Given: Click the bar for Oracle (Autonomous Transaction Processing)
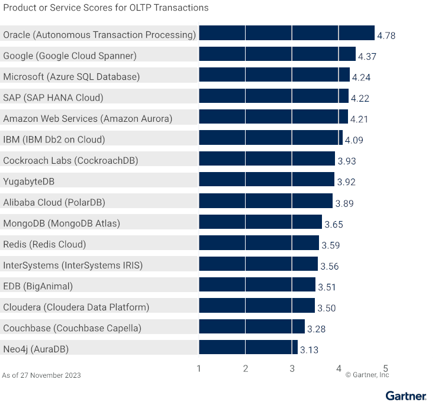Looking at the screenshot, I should click(286, 35).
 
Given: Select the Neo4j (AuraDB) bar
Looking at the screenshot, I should click(248, 349).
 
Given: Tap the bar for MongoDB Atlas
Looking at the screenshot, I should click(260, 223).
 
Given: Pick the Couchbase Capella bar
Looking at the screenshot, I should click(252, 328).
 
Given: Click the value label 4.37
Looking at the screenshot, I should click(368, 57).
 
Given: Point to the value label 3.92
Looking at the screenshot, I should click(346, 182).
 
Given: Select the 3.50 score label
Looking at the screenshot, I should click(327, 308).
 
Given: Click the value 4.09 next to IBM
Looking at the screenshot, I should click(354, 140).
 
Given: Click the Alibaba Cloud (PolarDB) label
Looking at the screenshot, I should click(54, 202).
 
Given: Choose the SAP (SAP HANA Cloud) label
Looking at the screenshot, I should click(53, 98).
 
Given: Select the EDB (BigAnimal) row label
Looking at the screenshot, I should click(38, 286).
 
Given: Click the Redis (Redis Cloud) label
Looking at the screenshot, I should click(44, 244).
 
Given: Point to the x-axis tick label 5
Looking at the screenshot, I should click(385, 368).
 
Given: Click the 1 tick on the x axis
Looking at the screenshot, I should click(199, 368).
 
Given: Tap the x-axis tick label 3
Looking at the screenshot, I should click(292, 368).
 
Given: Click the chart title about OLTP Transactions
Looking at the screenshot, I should click(106, 8).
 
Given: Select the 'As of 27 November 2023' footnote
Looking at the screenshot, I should click(41, 375).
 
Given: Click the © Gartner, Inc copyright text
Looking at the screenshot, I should click(367, 375).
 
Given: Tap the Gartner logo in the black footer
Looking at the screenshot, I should click(405, 396).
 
